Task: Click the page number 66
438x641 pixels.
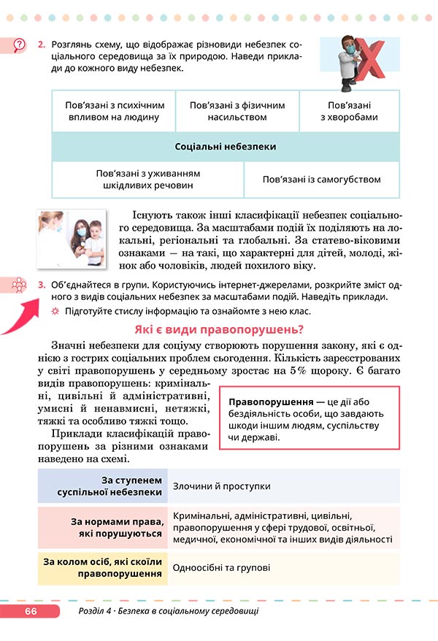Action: [x=30, y=611]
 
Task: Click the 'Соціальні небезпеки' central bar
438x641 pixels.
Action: [x=226, y=147]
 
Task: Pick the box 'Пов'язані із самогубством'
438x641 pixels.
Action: [x=322, y=180]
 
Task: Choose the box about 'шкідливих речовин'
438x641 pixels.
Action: [x=148, y=180]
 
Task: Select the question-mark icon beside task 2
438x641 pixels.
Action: [x=18, y=46]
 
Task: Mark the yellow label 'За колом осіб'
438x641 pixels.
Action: [x=103, y=567]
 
